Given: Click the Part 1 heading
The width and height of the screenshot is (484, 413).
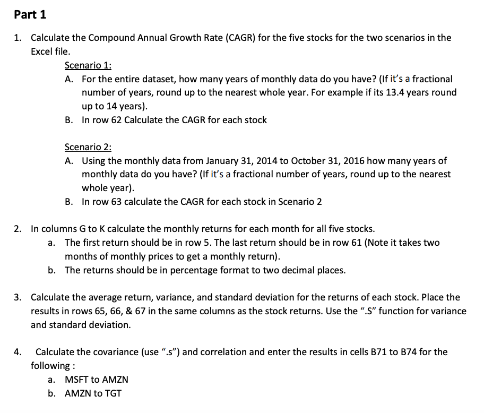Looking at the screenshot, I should click(30, 14).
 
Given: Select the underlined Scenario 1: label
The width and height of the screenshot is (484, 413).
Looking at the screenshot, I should click(88, 65).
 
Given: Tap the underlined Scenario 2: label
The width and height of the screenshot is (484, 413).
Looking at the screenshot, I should click(88, 147).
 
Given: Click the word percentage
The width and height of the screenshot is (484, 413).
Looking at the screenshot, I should click(196, 270).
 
